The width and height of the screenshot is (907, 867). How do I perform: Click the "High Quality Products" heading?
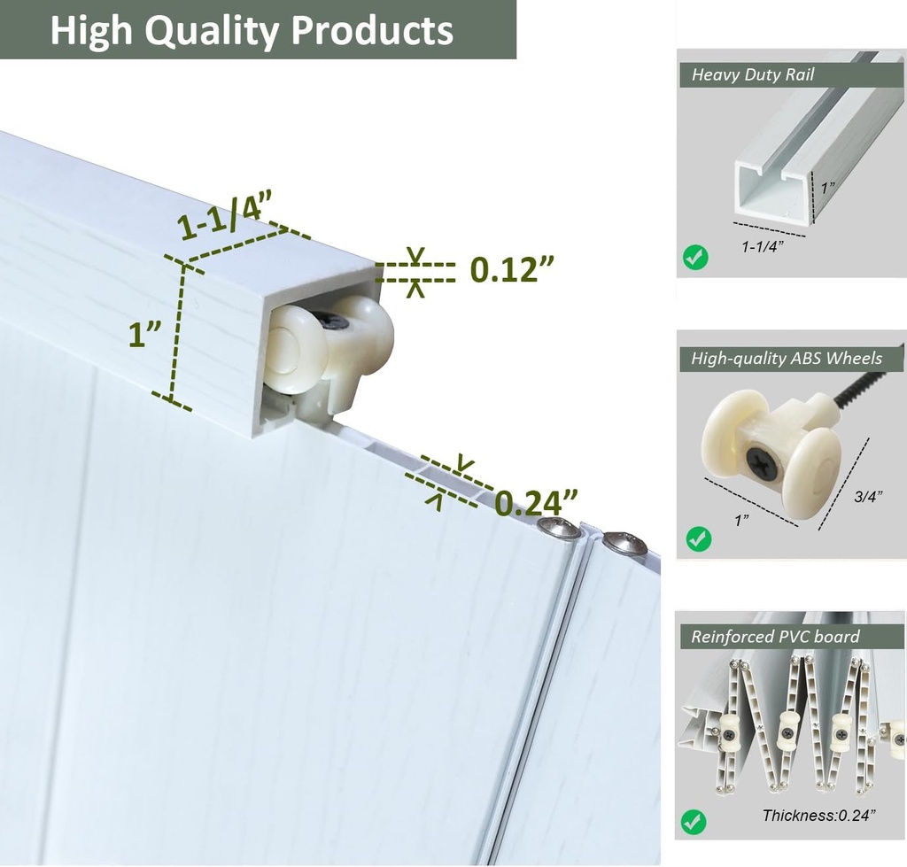252,30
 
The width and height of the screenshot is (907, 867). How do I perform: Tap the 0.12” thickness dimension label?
512,268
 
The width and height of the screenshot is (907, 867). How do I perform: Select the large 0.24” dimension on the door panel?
536,502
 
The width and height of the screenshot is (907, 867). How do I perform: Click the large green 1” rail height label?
144,335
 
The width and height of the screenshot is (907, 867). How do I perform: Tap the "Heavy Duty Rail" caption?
753,74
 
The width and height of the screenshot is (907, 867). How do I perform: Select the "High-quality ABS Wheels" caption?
787,359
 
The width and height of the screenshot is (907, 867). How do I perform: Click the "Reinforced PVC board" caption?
775,637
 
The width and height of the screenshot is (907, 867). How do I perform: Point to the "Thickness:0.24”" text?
818,816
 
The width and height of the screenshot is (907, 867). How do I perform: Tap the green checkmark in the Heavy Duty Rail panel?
694,258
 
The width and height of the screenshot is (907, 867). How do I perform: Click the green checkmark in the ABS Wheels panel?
698,539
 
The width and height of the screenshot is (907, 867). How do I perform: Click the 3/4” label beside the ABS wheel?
868,496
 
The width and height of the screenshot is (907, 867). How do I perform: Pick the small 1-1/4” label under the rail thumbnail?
763,247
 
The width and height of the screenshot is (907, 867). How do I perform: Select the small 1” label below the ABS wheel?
742,520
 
